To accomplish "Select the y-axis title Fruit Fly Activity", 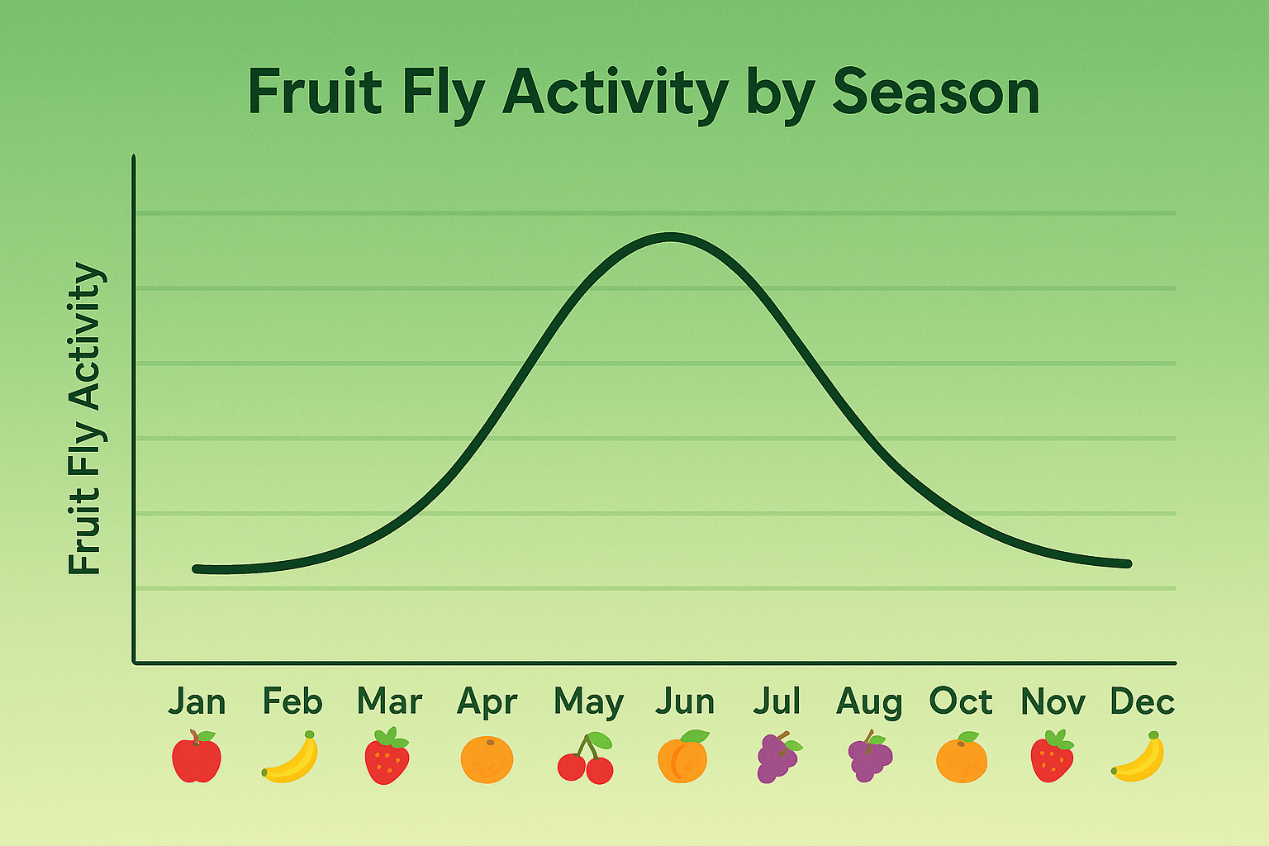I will [x=85, y=418].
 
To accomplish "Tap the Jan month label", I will [x=197, y=701].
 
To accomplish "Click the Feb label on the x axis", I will [x=292, y=701].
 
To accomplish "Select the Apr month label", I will [x=487, y=703].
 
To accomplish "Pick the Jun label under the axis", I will [x=685, y=701].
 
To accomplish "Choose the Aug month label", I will [x=869, y=703].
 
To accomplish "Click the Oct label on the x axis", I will [x=961, y=701].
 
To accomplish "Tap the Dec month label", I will [x=1142, y=701].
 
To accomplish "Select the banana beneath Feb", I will [x=291, y=758].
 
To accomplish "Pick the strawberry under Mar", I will [x=387, y=757].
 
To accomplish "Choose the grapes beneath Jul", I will [x=777, y=757].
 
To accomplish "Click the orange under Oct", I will [x=962, y=758].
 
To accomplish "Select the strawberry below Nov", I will [x=1052, y=756].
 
